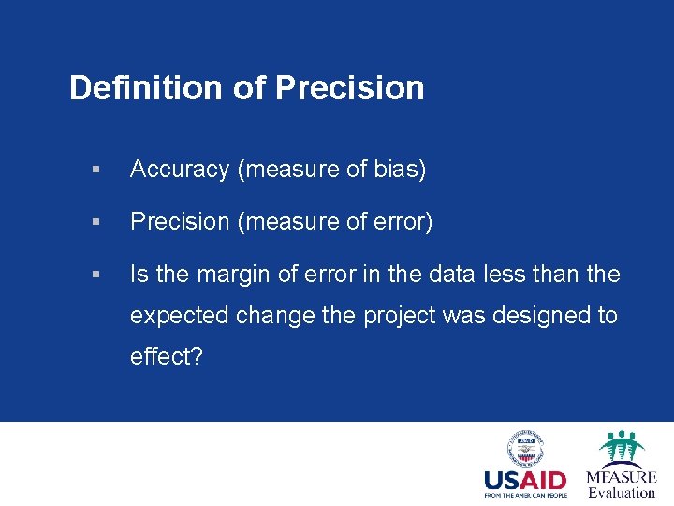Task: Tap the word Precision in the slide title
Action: tap(349, 88)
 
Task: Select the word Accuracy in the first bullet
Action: tap(180, 170)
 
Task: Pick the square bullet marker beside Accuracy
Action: tap(94, 171)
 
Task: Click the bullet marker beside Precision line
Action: tap(94, 223)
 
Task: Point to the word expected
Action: tap(179, 316)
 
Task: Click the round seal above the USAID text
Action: tap(525, 447)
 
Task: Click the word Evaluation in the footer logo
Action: tap(622, 492)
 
